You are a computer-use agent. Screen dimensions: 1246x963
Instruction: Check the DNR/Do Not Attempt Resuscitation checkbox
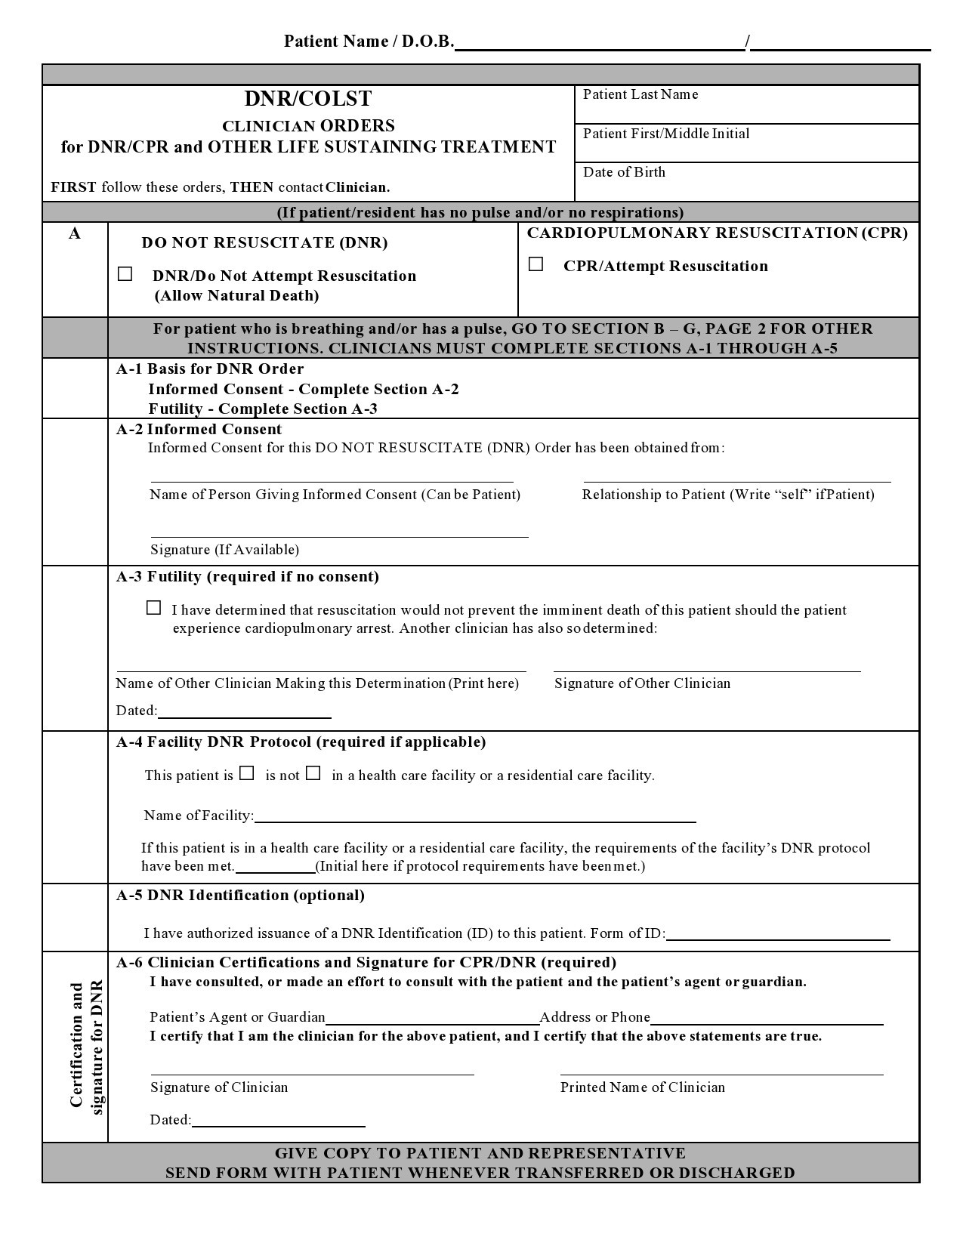click(x=125, y=274)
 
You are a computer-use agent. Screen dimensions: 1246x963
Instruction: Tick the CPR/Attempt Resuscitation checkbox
click(x=536, y=264)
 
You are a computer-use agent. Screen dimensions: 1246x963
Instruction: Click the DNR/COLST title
click(x=308, y=99)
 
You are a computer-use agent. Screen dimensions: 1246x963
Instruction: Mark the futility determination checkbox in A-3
click(x=153, y=608)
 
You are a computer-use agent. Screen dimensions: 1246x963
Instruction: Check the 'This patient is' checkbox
click(x=247, y=773)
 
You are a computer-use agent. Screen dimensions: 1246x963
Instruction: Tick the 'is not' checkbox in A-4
click(x=313, y=773)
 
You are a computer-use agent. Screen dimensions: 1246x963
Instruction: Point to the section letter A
click(x=75, y=234)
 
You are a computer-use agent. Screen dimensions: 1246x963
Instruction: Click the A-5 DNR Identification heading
click(x=240, y=896)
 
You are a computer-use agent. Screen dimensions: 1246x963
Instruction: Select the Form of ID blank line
click(x=778, y=934)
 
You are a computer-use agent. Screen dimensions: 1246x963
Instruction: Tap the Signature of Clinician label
click(x=219, y=1087)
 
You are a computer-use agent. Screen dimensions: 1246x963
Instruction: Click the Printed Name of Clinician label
click(x=642, y=1087)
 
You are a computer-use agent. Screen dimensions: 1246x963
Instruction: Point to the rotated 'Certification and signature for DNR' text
click(x=86, y=1046)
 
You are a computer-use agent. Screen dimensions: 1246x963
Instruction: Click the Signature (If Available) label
click(x=224, y=550)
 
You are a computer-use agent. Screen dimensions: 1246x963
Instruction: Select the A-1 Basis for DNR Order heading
click(x=210, y=369)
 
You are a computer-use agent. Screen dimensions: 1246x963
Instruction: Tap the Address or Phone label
click(x=594, y=1017)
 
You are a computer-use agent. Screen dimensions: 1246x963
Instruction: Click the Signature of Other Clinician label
click(x=642, y=683)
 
